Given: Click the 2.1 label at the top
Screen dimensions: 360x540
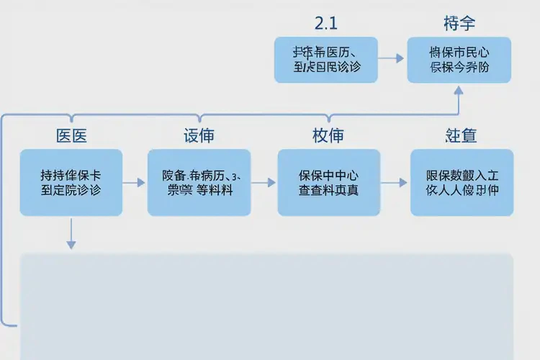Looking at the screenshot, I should [326, 22].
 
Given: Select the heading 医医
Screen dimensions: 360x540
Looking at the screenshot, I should [71, 135].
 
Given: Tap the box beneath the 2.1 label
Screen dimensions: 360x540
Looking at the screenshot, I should [326, 60].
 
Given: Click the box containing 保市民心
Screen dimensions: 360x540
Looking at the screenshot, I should [459, 60].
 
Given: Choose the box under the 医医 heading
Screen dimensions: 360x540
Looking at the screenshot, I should [71, 182].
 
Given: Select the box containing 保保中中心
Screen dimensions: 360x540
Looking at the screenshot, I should [328, 182].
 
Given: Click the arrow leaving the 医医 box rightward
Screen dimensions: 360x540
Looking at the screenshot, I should [134, 183].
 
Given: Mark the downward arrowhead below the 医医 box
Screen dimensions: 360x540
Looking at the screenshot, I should [71, 244].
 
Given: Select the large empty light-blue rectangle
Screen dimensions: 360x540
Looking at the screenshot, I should [266, 306].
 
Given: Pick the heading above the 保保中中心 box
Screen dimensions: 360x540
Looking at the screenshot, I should [328, 135].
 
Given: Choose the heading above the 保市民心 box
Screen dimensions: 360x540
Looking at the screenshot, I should [459, 23].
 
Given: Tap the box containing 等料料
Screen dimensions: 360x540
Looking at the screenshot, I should [199, 182].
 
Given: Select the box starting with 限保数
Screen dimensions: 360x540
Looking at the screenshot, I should [462, 182].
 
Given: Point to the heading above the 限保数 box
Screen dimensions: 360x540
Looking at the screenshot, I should [461, 135].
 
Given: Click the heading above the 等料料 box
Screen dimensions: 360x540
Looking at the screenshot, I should [199, 135].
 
